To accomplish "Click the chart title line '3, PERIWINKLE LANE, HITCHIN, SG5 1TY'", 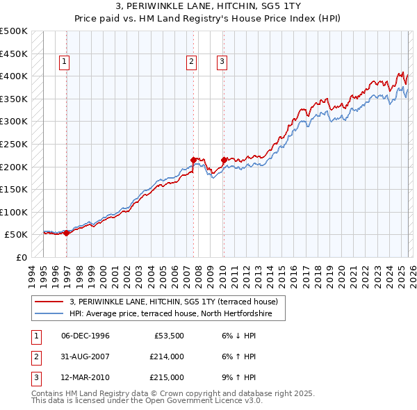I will tap(208, 6).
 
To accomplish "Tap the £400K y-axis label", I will tap(14, 76).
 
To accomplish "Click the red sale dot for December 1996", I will tap(67, 233).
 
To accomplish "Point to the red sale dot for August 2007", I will tap(193, 160).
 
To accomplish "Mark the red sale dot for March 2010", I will tap(224, 159).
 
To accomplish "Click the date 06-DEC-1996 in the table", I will tap(85, 336).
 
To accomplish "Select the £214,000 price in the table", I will tap(167, 356).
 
